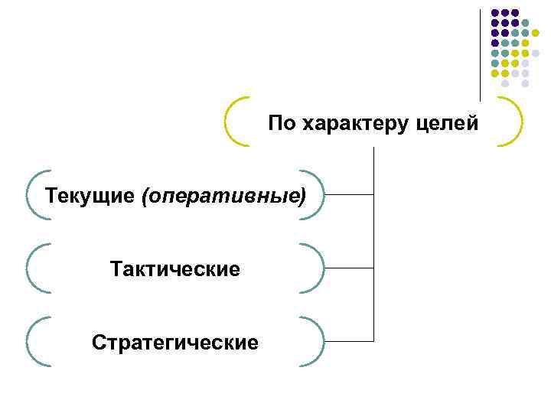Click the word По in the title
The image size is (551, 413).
pyautogui.click(x=281, y=122)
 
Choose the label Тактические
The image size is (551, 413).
pyautogui.click(x=175, y=268)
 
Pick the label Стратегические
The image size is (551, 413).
pyautogui.click(x=175, y=341)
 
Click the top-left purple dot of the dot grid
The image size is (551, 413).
pyautogui.click(x=495, y=13)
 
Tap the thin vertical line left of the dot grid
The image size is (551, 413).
pyautogui.click(x=480, y=54)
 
